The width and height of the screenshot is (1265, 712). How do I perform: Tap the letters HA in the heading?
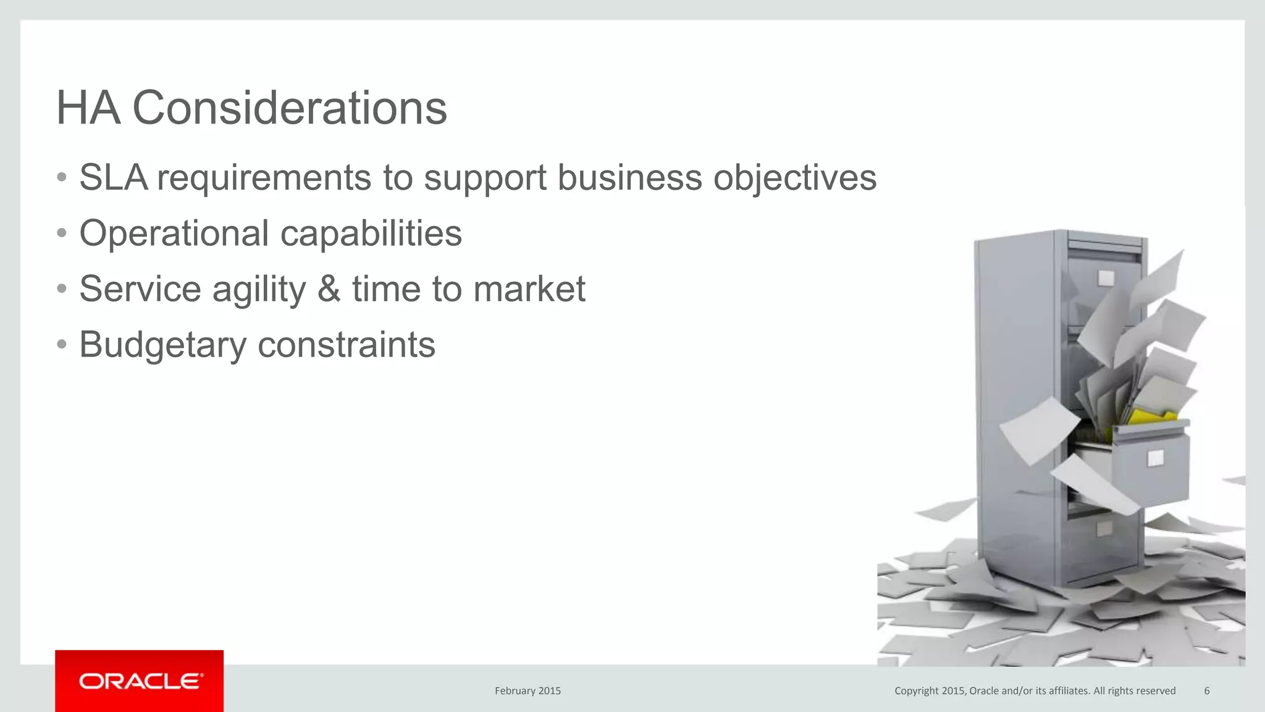tap(88, 108)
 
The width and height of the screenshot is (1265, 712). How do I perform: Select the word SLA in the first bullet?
tap(113, 178)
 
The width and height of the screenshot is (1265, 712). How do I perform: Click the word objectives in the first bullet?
tap(794, 178)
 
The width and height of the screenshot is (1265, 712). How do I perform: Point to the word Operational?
tap(174, 234)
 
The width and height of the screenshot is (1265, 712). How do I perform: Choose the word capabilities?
tap(371, 234)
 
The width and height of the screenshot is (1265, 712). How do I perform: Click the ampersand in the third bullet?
tap(329, 289)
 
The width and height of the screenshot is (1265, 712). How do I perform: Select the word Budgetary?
tap(162, 345)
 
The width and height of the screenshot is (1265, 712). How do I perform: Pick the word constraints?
tap(346, 345)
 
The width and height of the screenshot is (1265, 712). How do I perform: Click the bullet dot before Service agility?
tap(61, 289)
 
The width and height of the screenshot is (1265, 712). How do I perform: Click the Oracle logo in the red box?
tap(140, 681)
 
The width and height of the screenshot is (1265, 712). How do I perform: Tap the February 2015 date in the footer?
tap(527, 691)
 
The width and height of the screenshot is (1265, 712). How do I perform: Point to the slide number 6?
tap(1207, 691)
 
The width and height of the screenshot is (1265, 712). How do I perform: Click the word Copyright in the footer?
tap(917, 691)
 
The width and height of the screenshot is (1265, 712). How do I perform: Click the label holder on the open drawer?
tap(1155, 459)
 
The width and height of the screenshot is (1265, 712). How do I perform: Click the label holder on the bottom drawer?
tap(1104, 528)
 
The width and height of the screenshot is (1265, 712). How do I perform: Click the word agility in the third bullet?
tap(259, 289)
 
